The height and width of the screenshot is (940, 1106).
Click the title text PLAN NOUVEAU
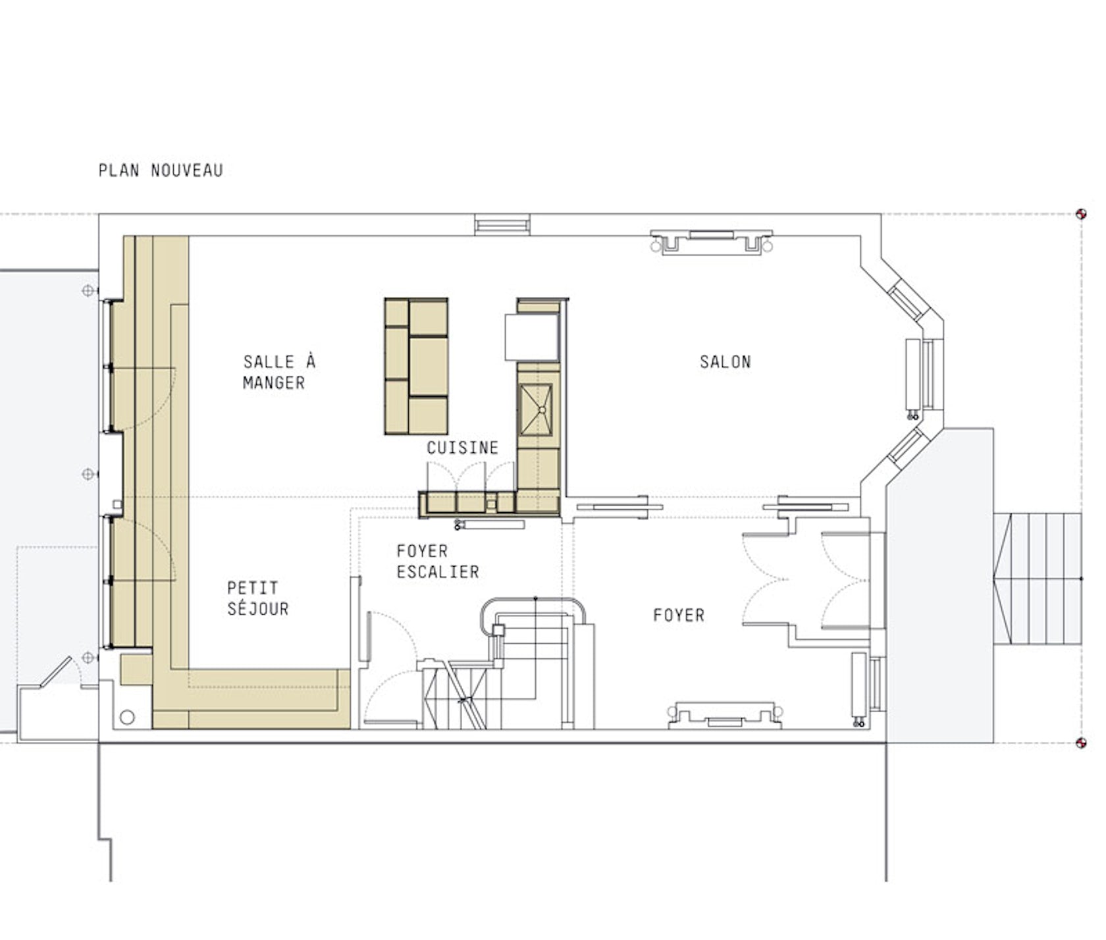161,170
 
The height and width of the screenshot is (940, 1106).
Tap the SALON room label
725,361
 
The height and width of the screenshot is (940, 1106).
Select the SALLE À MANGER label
279,372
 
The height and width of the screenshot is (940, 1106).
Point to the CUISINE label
462,448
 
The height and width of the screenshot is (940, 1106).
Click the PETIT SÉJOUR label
258,598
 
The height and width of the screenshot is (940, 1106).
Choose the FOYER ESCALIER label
438,561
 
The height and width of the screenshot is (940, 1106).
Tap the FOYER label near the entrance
679,615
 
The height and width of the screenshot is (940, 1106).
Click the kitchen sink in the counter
537,409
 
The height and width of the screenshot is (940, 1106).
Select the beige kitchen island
416,366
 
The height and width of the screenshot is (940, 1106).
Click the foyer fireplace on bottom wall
725,714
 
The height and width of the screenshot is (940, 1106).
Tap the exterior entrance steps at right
1038,579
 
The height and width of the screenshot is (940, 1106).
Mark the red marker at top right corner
1080,214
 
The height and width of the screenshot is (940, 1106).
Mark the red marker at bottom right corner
1080,743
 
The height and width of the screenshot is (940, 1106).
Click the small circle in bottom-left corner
127,717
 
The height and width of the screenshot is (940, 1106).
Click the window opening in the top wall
502,225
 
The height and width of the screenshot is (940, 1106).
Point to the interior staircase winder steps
461,696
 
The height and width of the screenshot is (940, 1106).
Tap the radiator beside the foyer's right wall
859,685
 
